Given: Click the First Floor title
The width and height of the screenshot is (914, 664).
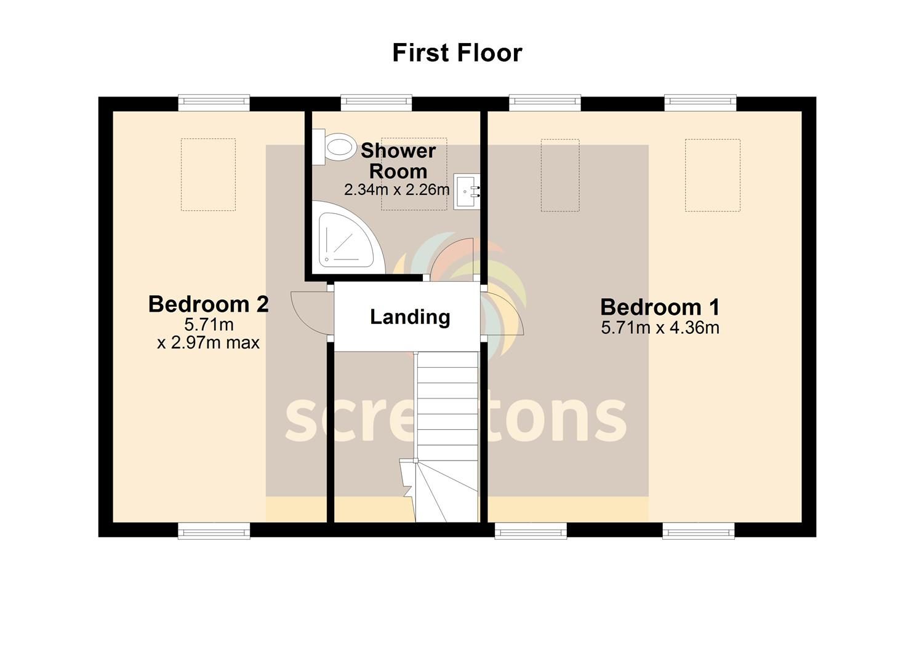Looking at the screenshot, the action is pos(457,53).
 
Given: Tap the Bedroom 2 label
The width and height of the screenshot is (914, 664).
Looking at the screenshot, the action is pos(209,304).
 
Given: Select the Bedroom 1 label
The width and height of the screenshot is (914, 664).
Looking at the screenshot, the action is pos(660,307).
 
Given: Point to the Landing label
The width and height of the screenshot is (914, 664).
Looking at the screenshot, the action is pos(410,317).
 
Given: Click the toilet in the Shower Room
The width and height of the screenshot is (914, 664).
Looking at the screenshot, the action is pos(335,147).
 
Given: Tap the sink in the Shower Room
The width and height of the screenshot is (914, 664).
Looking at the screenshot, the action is pos(467,191).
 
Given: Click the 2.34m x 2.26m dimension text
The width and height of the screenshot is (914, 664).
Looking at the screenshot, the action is pos(396,189).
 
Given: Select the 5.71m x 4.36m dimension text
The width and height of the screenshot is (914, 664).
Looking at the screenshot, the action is pos(660,328).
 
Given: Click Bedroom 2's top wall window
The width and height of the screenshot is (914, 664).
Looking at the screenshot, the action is pos(214,103).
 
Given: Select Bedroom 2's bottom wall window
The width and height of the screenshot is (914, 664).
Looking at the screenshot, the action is pos(214,531).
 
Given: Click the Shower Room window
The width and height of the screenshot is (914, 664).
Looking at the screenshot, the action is pos(376,103).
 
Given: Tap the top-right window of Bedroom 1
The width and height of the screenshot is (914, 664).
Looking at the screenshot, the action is pos(700,103).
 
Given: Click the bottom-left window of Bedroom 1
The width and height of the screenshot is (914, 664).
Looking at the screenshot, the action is pos(531,531).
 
